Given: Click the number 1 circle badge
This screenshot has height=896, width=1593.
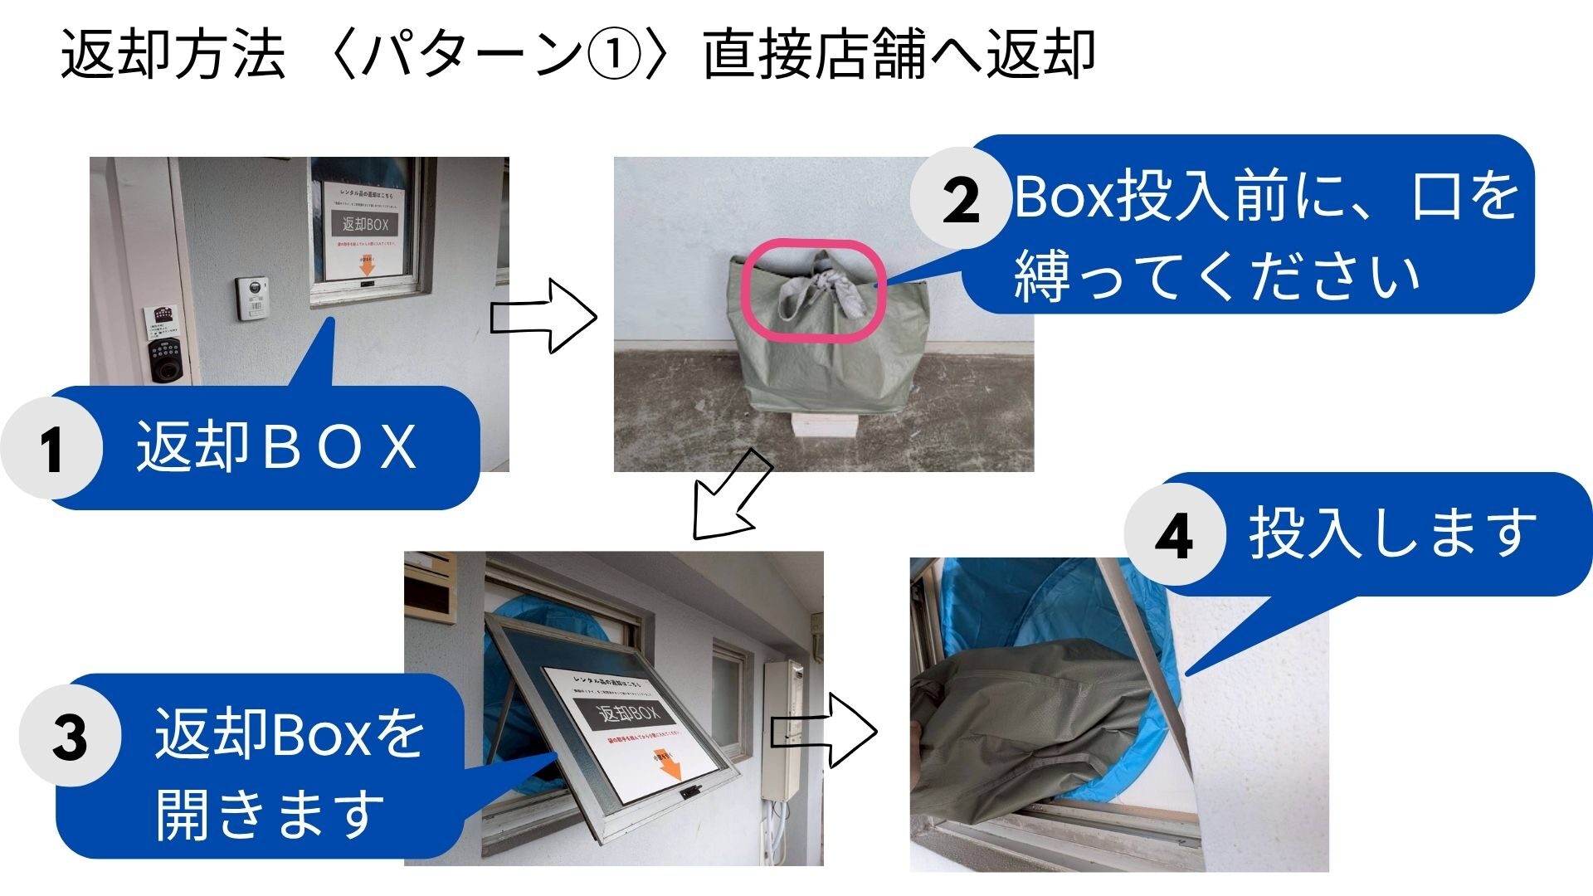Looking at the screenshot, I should [51, 448].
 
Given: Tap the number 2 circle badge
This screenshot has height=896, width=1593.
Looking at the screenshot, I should [961, 199].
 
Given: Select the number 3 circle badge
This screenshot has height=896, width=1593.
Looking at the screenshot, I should [70, 736].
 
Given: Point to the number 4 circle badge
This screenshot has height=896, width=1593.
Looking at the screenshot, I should [1174, 535].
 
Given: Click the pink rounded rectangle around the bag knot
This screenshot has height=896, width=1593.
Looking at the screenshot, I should [812, 290].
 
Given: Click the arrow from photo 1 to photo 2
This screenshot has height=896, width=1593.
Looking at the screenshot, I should [544, 316].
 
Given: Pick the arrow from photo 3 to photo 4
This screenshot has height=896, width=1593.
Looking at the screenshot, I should [824, 731].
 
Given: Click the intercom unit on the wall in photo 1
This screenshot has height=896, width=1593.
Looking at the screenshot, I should [251, 298].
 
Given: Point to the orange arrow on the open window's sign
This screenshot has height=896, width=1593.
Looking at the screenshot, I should [669, 763].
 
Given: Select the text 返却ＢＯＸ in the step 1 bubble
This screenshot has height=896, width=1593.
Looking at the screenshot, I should [276, 448].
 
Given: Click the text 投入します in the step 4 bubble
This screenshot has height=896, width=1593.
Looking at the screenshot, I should [1392, 533].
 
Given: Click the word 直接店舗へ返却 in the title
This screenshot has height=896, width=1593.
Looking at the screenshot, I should [899, 55].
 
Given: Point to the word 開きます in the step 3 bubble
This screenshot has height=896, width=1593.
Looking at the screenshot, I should [270, 814].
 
